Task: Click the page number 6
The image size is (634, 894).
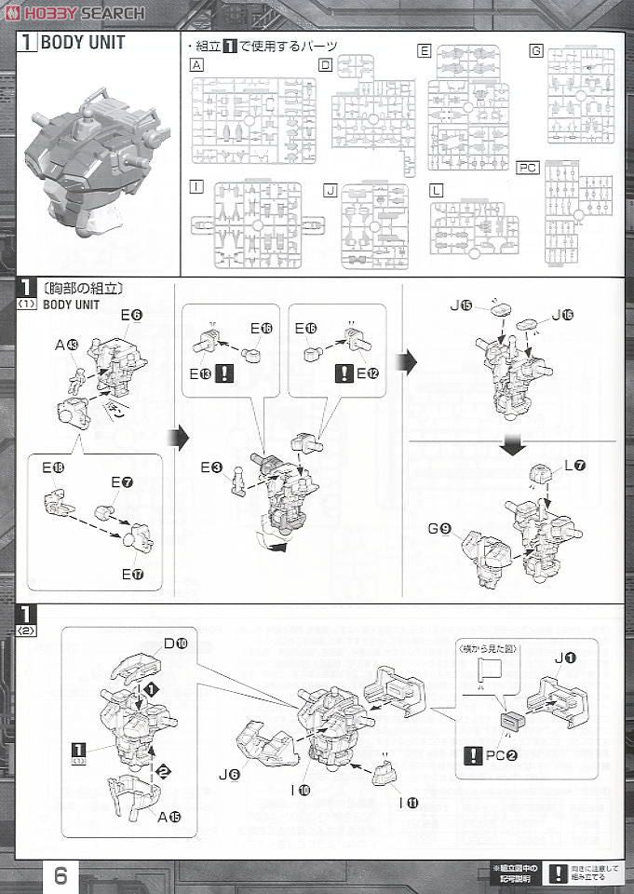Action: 60,875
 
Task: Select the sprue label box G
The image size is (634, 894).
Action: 535,50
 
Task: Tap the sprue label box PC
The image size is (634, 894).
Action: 528,168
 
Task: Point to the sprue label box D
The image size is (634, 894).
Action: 325,64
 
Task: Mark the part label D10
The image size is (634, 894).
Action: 177,643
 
